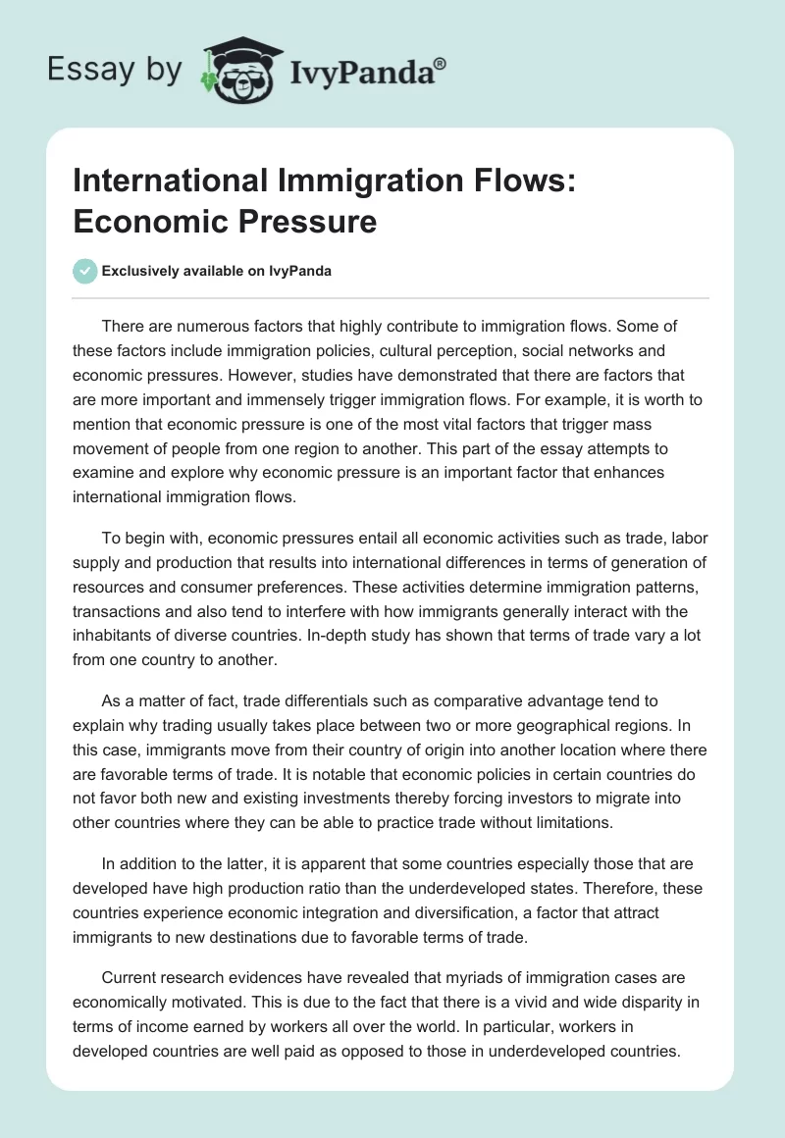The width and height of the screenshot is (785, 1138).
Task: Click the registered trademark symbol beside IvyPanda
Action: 441,64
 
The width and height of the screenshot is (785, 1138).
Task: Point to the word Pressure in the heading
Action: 306,221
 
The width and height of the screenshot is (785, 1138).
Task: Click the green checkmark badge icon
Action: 84,271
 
